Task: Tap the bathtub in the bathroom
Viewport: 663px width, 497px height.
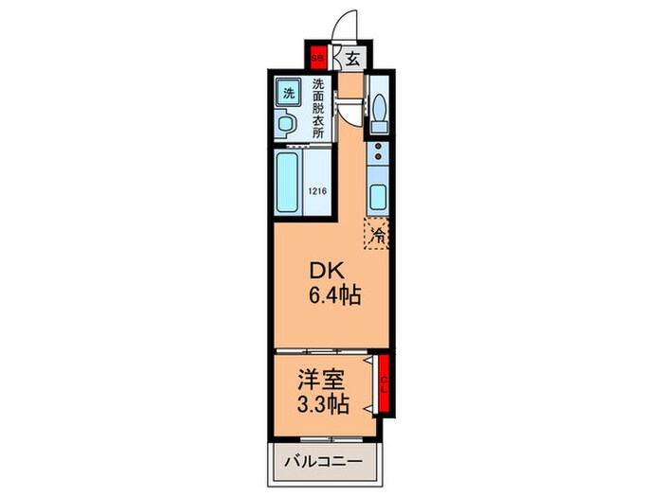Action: tap(289, 184)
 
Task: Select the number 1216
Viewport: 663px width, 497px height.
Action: tap(318, 192)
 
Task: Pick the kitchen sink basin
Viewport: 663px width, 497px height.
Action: tap(378, 200)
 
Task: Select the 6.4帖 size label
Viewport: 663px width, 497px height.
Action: tap(331, 295)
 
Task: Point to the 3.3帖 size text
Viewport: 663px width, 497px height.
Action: tap(321, 404)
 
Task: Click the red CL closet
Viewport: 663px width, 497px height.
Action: tap(385, 383)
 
